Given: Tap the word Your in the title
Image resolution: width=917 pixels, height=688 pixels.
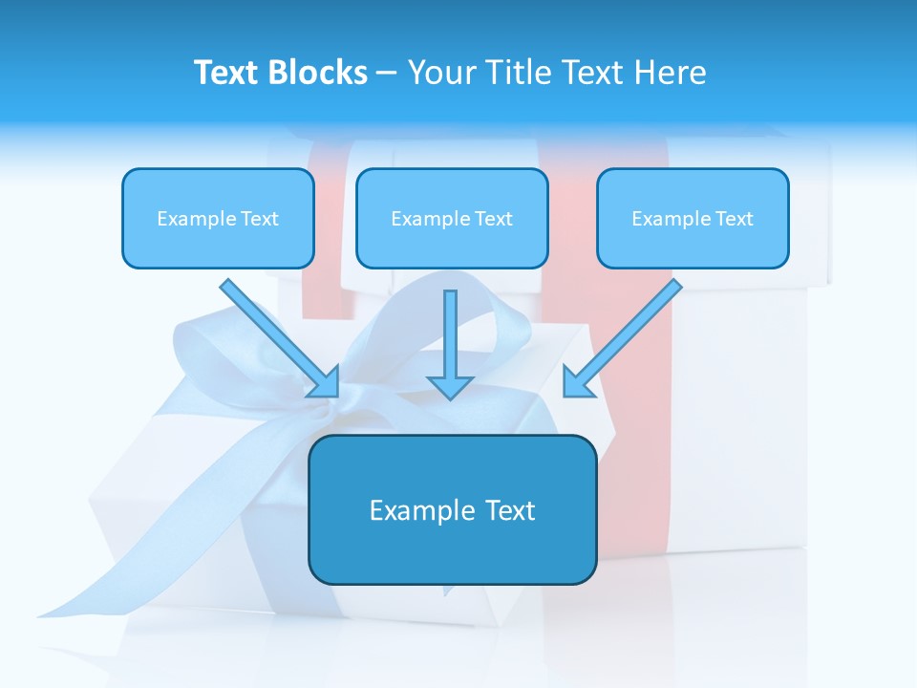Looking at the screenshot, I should (439, 73).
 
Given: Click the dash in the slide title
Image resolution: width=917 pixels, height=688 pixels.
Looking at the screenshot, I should (387, 74).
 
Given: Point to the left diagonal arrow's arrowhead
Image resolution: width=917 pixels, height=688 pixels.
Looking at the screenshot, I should (325, 382).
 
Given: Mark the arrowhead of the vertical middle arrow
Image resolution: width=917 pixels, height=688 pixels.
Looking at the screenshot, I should (450, 386).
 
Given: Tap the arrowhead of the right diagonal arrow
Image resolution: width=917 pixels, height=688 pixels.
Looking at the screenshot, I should (577, 381).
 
